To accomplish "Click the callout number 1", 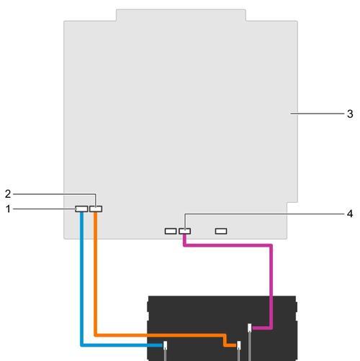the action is coord(9,209).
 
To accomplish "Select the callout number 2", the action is coord(8,194).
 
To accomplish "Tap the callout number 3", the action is coord(350,114).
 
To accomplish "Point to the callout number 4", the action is coord(350,214).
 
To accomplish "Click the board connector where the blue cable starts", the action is coord(81,209).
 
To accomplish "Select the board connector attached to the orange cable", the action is coord(96,209).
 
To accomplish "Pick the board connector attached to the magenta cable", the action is coord(185,231).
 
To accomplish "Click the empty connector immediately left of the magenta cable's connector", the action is coord(171,231).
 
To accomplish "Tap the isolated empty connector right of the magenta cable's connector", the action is coord(221,231).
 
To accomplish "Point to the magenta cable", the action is coord(271,264).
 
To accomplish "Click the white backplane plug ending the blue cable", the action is coord(165,345).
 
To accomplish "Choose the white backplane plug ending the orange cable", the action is coord(239,345).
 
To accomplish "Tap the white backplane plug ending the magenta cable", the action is coord(250,328).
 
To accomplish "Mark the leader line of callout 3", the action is coord(317,114).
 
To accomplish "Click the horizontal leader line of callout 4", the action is coord(264,214).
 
